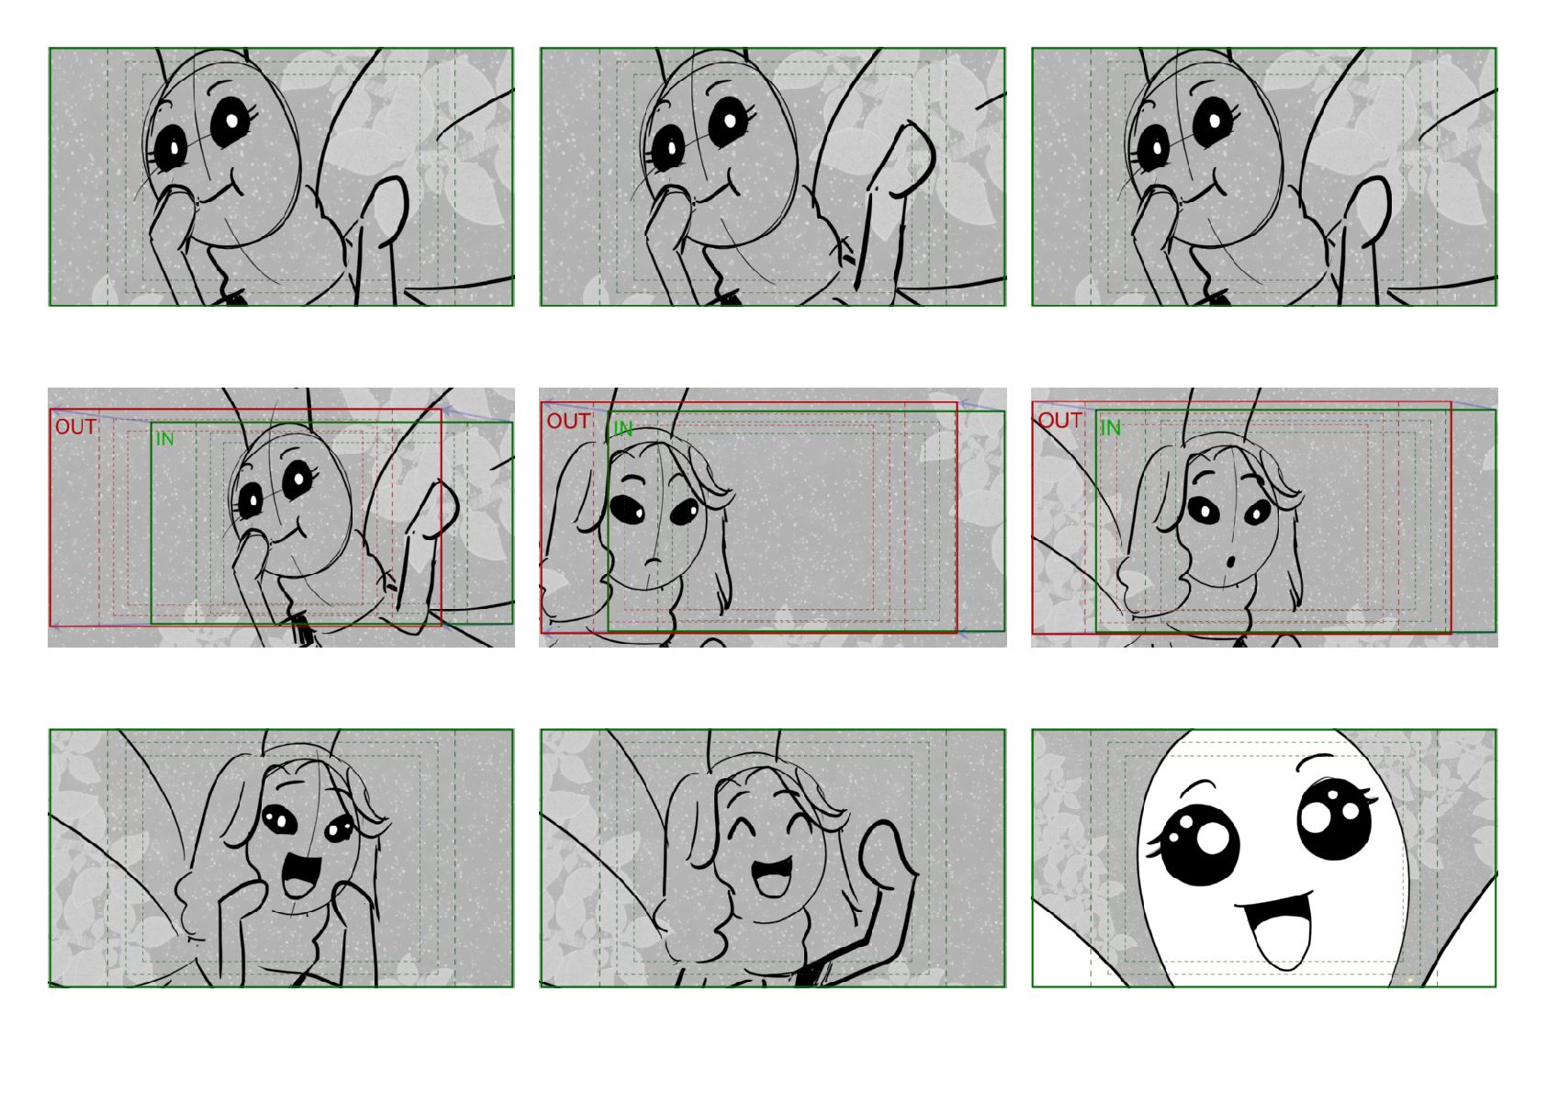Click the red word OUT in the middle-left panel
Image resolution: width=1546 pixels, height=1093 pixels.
[x=75, y=427]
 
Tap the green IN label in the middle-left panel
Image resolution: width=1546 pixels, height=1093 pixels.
[x=164, y=438]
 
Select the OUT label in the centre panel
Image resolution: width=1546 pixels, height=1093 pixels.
[x=568, y=422]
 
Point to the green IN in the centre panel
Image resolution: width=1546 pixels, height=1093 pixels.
[x=622, y=429]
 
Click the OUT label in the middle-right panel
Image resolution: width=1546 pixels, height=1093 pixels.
[x=1059, y=420]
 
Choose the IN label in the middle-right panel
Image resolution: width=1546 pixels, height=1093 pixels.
[x=1110, y=428]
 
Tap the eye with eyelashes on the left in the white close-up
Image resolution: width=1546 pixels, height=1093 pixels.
[x=1200, y=844]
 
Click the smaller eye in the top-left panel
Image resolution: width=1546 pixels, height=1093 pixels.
[x=171, y=148]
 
